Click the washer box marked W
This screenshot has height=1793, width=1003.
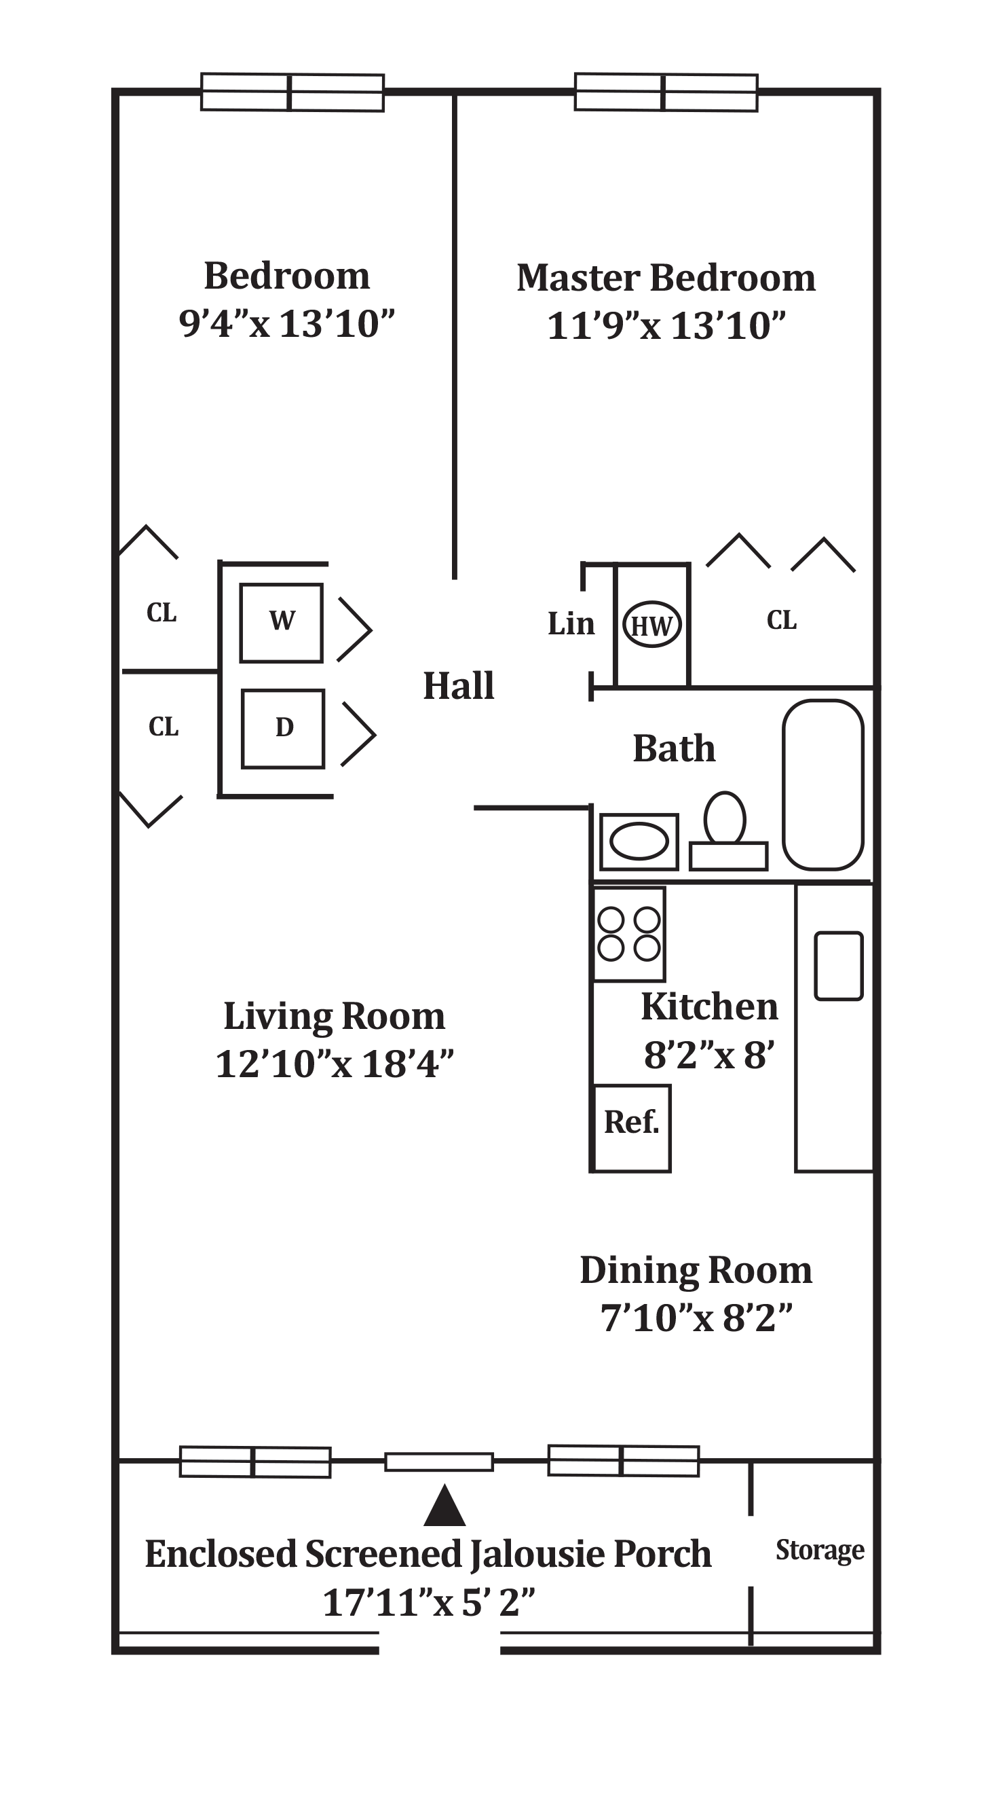281,623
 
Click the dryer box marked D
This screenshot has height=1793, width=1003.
283,729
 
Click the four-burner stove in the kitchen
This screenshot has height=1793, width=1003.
630,934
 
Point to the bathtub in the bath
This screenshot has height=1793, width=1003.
824,784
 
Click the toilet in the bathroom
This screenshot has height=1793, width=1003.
725,820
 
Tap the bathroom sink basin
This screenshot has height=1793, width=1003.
639,841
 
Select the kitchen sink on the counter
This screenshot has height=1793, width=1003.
838,966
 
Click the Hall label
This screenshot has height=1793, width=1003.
459,685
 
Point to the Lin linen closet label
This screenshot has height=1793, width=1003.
571,623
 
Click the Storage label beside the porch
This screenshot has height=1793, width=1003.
820,1550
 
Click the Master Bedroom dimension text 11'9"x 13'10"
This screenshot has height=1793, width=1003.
666,326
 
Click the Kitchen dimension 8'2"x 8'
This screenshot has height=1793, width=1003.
708,1055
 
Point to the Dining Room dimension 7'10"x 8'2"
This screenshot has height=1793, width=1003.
696,1318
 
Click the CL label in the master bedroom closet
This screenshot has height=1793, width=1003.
781,619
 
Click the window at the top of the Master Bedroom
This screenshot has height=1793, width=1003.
666,92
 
